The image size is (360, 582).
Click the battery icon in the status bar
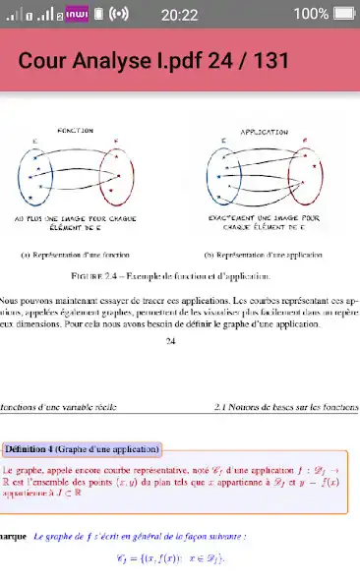343,14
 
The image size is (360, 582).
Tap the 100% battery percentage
310,14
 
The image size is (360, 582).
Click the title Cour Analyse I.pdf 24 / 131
153,60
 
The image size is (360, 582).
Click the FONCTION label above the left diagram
75,130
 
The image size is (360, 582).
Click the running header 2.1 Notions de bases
285,405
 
